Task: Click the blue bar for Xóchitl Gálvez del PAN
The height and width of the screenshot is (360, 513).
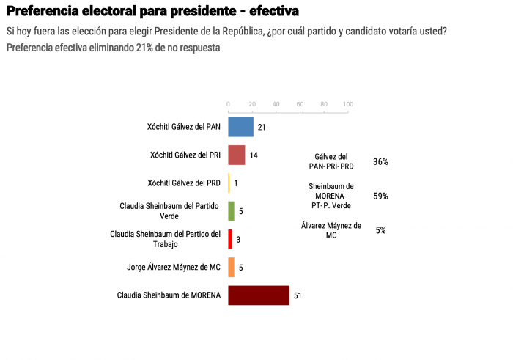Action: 240,127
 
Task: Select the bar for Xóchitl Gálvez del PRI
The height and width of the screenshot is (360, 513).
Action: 237,155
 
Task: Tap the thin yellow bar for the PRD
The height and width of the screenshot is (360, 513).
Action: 229,183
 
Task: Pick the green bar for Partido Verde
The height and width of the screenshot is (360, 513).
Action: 231,211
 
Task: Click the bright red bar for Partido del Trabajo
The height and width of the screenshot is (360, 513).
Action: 230,239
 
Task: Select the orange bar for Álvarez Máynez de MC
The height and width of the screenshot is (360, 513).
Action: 231,267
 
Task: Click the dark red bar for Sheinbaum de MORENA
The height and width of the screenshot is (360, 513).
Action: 259,295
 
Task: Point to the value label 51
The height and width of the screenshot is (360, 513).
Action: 298,296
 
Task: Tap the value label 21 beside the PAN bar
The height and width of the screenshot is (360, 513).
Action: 262,128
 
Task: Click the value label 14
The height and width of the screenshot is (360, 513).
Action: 254,155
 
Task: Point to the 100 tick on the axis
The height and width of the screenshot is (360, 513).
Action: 348,103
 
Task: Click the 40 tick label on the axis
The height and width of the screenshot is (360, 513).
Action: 276,103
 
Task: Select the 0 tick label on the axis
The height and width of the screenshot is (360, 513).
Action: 229,103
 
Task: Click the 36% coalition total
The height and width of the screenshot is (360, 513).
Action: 380,162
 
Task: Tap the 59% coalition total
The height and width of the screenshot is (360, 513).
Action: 380,196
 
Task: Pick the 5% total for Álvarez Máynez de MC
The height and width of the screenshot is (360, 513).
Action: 380,230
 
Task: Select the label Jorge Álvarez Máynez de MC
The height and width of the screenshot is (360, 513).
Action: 173,268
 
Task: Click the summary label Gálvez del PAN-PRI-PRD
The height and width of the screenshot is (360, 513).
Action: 331,162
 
